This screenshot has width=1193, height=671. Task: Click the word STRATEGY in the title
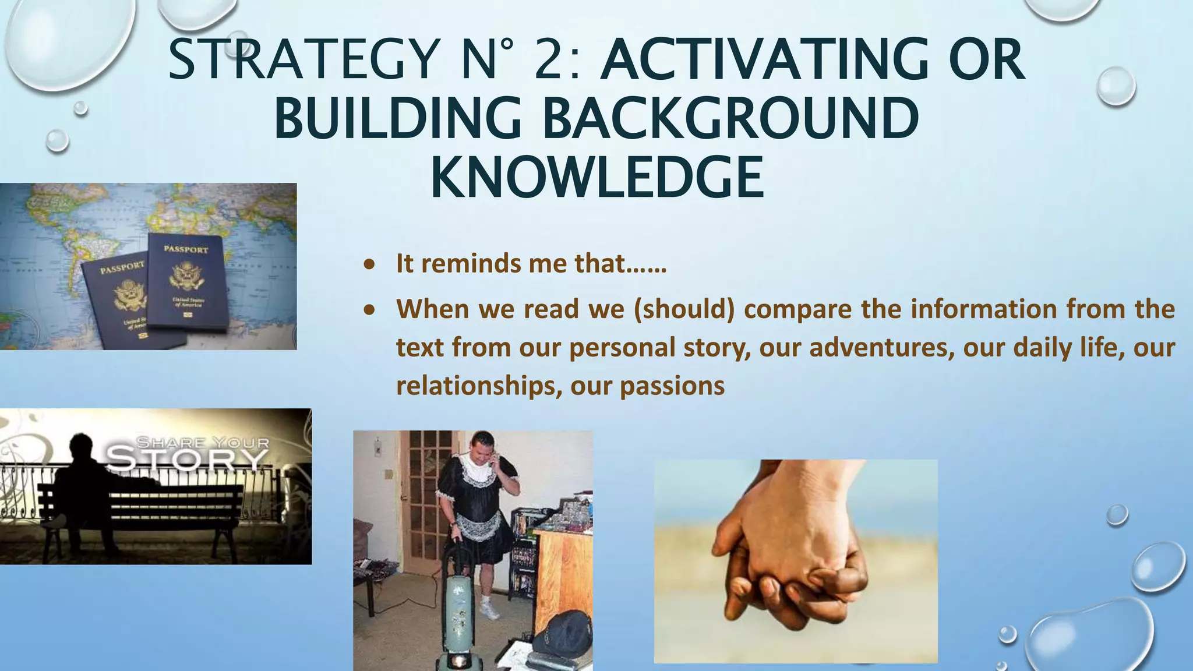coord(303,59)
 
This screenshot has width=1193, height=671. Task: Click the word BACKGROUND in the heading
coord(731,118)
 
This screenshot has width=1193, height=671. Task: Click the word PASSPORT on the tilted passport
coord(122,269)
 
